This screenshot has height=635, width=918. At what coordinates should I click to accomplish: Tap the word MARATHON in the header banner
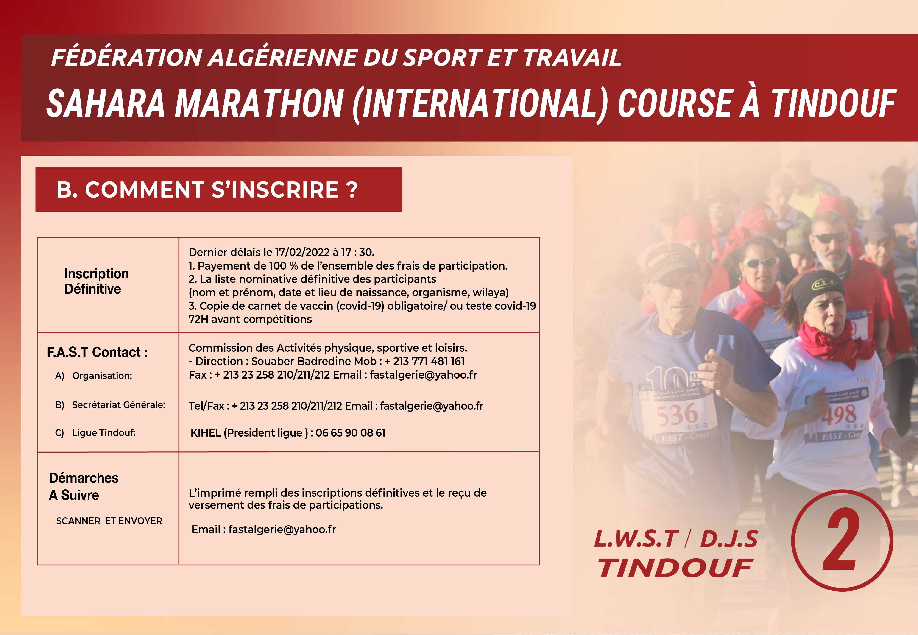click(x=259, y=103)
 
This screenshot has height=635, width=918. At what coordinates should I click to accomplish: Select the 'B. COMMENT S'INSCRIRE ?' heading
click(x=207, y=189)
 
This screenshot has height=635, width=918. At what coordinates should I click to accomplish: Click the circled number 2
click(x=842, y=541)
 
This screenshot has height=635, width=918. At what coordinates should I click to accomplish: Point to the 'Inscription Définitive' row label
click(x=96, y=281)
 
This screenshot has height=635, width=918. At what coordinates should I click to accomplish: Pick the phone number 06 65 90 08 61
click(x=350, y=433)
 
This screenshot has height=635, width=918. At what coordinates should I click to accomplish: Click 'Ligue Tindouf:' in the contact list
click(x=104, y=433)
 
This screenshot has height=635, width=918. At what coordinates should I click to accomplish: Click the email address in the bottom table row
click(x=282, y=529)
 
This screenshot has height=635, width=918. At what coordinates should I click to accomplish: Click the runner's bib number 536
click(x=677, y=414)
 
